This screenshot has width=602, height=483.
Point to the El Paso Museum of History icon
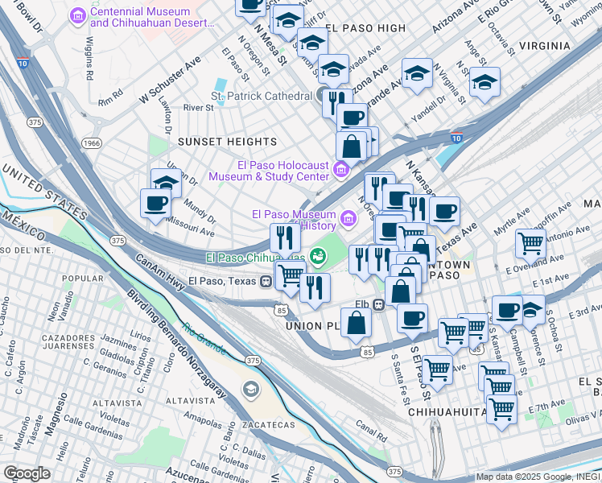click(348, 217)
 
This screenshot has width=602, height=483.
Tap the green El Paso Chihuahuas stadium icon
click(318, 256)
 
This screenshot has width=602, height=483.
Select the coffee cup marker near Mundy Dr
click(155, 204)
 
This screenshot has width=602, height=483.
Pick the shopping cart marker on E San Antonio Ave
click(530, 242)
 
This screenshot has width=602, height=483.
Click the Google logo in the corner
click(27, 473)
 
